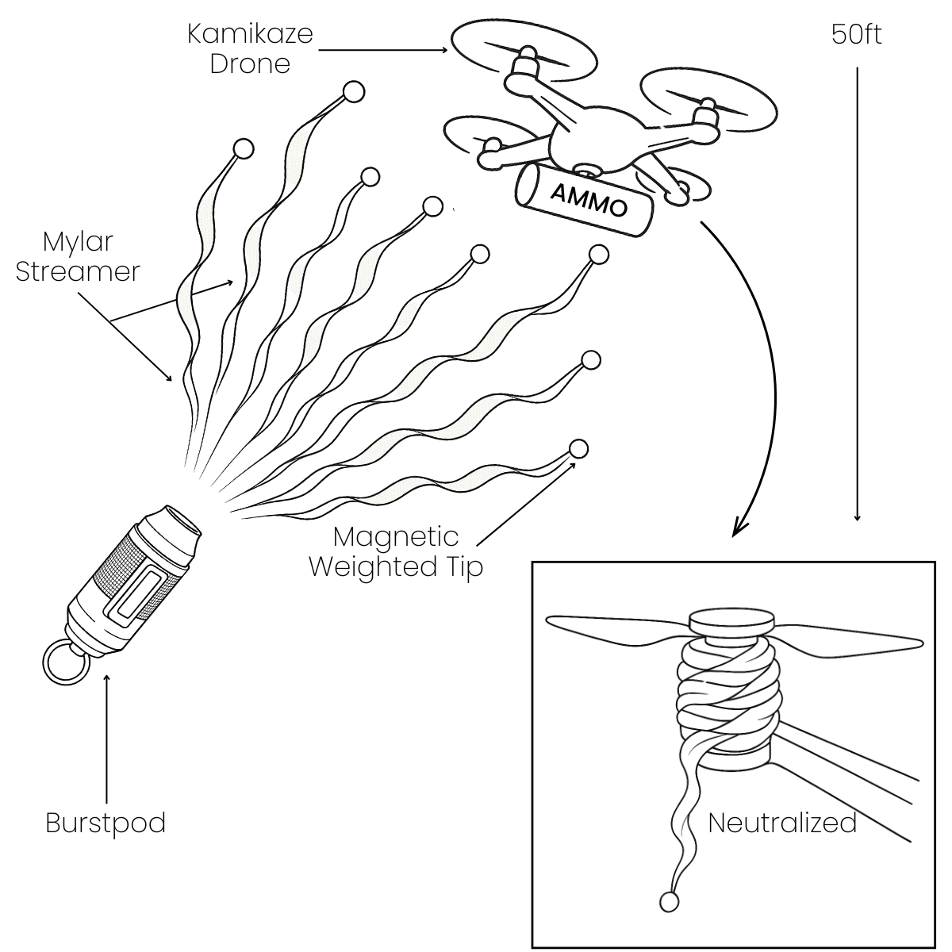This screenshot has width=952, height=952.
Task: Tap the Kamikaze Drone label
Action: (250, 48)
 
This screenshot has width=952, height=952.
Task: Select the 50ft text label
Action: (856, 34)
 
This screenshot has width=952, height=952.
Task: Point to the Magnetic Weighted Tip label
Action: (396, 551)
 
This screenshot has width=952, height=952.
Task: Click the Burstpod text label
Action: (106, 823)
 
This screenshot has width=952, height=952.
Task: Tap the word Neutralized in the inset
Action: (781, 823)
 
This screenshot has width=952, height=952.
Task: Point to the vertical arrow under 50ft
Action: (857, 294)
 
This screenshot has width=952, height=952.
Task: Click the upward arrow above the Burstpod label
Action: (106, 738)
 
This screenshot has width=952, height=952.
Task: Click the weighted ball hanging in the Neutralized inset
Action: (669, 901)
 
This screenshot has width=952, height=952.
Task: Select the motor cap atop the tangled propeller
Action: (731, 621)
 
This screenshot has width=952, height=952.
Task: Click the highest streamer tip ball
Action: (354, 92)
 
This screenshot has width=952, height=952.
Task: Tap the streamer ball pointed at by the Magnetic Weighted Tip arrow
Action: (579, 448)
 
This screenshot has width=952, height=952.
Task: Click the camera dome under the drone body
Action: (587, 170)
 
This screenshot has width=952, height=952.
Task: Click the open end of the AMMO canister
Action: (525, 187)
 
